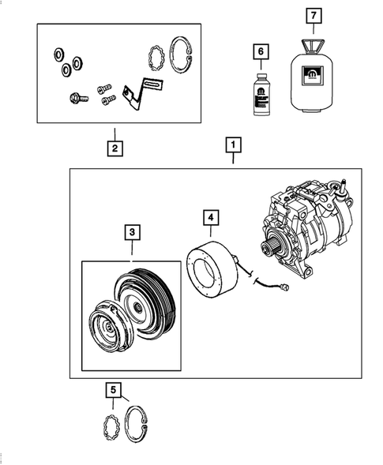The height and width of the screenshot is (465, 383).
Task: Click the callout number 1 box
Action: [232, 145]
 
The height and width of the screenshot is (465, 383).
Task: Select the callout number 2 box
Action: [115, 147]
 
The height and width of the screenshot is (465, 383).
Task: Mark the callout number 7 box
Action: [314, 15]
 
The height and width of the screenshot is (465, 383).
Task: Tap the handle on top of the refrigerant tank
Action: [314, 40]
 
